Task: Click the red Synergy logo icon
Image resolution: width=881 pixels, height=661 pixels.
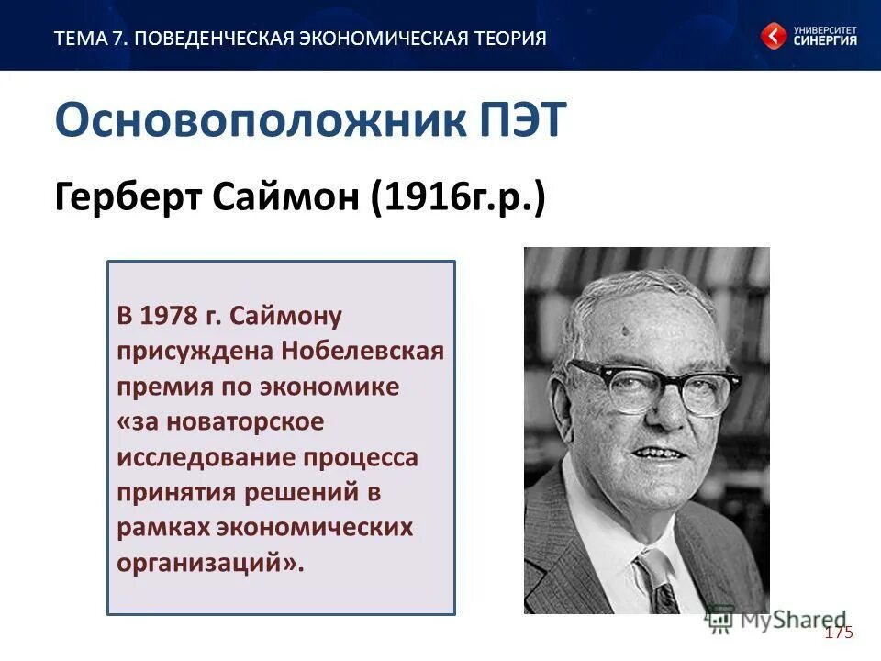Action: click(773, 37)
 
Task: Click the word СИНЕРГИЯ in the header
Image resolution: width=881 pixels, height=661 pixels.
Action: click(826, 41)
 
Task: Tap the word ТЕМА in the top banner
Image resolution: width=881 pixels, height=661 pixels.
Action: click(79, 39)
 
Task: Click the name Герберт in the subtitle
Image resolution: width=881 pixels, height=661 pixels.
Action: click(118, 196)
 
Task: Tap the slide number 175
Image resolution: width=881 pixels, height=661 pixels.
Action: click(838, 633)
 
